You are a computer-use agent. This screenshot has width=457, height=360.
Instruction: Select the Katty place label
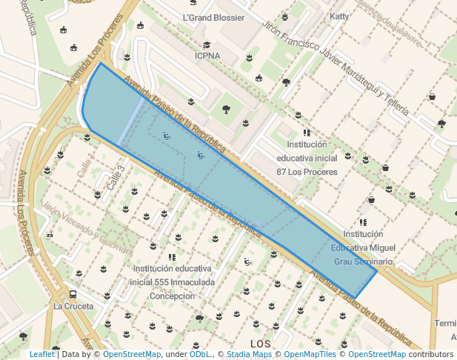click(338, 16)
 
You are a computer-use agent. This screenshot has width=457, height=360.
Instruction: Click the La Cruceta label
click(73, 306)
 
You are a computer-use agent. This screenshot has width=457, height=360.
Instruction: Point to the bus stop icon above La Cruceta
click(73, 293)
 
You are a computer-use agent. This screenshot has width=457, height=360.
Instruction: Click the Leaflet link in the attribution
click(42, 355)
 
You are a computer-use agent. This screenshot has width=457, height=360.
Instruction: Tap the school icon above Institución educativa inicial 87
click(307, 133)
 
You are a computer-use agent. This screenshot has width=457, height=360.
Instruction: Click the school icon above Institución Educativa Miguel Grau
click(363, 221)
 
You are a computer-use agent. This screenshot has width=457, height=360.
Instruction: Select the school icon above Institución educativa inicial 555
click(172, 257)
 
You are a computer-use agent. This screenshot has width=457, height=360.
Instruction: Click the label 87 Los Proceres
click(307, 172)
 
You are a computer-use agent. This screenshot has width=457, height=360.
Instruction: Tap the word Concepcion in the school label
click(173, 296)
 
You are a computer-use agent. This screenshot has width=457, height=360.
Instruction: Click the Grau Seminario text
click(363, 261)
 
